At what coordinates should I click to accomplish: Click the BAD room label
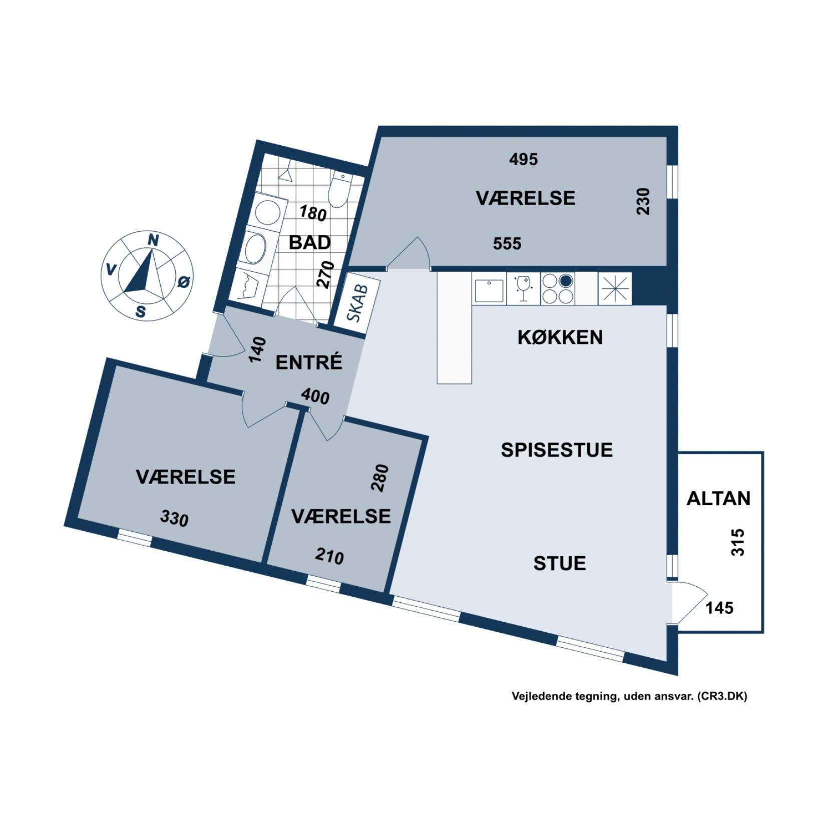pos(310,242)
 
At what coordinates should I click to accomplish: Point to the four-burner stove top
pos(557,289)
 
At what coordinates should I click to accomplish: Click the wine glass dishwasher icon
pos(524,289)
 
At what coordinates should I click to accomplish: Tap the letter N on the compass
pos(153,241)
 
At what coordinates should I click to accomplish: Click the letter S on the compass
pos(141,312)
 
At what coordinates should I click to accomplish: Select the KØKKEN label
pos(560,337)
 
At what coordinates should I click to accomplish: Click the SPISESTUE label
pos(557,450)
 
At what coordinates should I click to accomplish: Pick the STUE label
pos(559,564)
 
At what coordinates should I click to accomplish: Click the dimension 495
pos(523,159)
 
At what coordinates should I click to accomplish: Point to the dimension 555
pos(507,244)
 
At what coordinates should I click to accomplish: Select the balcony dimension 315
pos(738,542)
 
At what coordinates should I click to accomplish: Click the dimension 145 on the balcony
pos(719,608)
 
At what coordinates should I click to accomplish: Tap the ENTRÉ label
pos(309,362)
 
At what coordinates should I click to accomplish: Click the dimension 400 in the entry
pos(315,397)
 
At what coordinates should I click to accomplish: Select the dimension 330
pos(174,518)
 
